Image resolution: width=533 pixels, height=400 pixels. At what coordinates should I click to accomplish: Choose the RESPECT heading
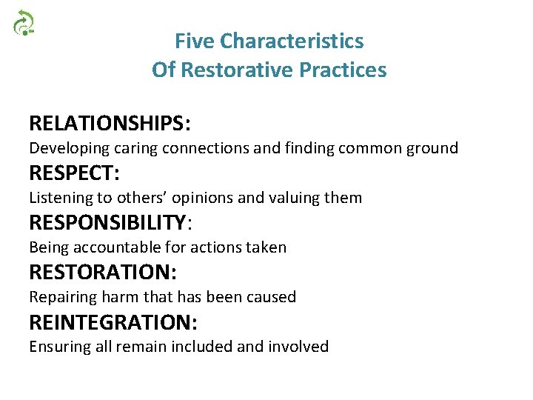(x=74, y=173)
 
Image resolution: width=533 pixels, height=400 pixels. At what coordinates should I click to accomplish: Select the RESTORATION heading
(x=102, y=273)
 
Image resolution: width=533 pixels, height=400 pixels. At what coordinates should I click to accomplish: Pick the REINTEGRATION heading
(x=113, y=322)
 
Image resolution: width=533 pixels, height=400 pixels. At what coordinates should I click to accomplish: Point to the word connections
(x=198, y=148)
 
